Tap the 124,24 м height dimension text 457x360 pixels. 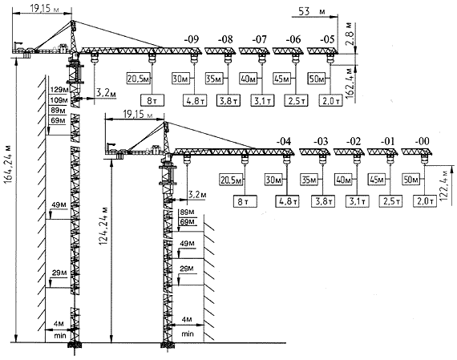(x=104, y=226)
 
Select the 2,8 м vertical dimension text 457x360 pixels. (x=350, y=33)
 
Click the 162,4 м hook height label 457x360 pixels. (x=350, y=83)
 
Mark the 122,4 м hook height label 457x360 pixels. (x=443, y=184)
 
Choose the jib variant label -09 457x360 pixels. (x=192, y=39)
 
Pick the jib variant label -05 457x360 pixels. (x=327, y=39)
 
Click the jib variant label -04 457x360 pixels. (x=284, y=142)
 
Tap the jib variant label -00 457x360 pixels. (x=422, y=141)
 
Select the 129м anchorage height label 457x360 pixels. (x=58, y=90)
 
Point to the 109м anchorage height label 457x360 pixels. (x=58, y=100)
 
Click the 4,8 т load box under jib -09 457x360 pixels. (x=194, y=101)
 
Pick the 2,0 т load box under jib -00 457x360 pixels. (x=425, y=201)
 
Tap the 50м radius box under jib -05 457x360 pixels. (x=316, y=79)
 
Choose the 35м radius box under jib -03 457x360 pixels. (x=309, y=180)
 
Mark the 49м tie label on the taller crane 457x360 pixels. (x=59, y=205)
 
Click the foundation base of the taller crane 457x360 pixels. (x=75, y=346)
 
